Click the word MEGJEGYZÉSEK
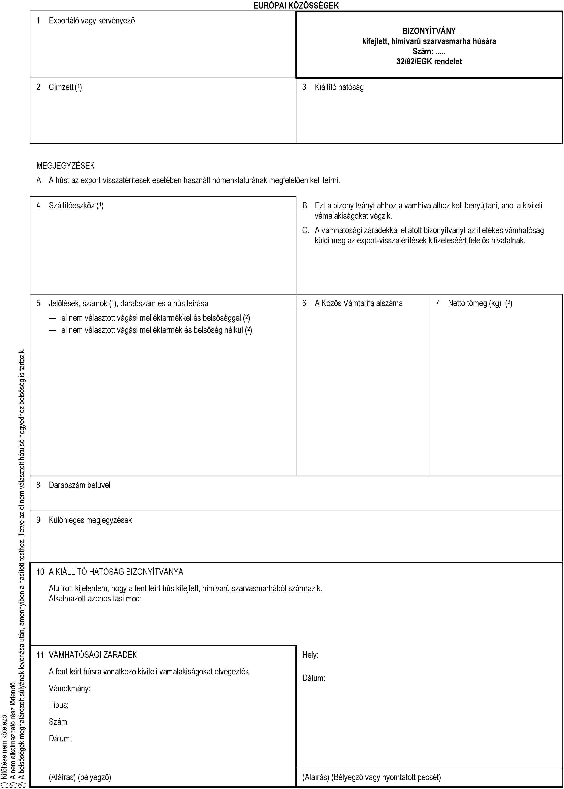pyautogui.click(x=65, y=165)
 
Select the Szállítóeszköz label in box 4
pyautogui.click(x=72, y=205)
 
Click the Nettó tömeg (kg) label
pyautogui.click(x=474, y=303)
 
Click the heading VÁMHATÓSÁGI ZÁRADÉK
pyautogui.click(x=93, y=655)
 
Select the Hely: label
pyautogui.click(x=310, y=655)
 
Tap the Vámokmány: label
pyautogui.click(x=69, y=688)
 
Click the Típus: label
pyautogui.click(x=58, y=705)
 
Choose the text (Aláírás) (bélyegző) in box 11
pyautogui.click(x=80, y=777)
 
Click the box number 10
pyautogui.click(x=40, y=572)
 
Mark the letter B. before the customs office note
pyautogui.click(x=305, y=205)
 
